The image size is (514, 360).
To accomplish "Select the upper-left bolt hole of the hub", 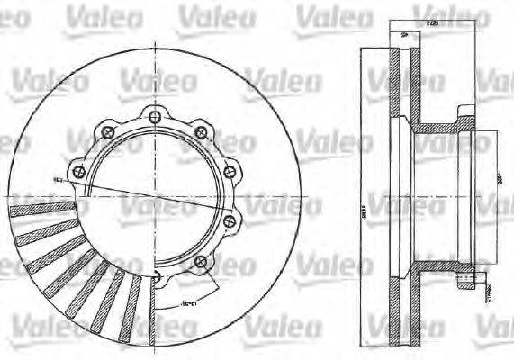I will click(x=109, y=134).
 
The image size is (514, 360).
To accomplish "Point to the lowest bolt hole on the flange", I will click(x=200, y=261).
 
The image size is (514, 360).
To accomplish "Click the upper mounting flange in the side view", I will click(x=464, y=118).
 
